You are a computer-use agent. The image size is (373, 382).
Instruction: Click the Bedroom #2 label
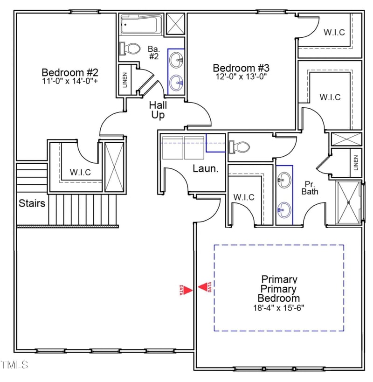pos(70,72)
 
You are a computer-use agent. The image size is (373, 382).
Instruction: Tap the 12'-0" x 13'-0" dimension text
pos(241,76)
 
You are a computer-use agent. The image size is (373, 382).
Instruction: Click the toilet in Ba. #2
pos(130,49)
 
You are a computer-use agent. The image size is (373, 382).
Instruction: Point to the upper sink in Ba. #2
pos(176,60)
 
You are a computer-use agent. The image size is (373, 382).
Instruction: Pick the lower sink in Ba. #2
pos(176,83)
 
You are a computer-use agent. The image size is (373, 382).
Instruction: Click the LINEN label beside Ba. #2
pos(125,80)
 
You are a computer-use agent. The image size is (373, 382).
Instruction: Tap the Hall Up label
pos(158,110)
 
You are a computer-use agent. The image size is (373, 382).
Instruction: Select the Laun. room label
pos(206,168)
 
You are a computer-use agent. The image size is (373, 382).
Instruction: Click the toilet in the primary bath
pos(240,147)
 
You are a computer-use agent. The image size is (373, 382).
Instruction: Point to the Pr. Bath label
pos(310,188)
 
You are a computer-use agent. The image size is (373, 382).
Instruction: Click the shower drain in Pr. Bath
pos(349,202)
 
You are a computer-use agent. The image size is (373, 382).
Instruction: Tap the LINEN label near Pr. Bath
pos(356,163)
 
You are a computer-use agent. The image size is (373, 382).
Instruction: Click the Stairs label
pos(32,203)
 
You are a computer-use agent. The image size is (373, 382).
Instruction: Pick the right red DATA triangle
pos(204,287)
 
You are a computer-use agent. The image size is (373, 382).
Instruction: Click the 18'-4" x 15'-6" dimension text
pos(278,308)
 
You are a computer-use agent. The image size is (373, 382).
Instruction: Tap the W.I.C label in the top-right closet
pos(334,32)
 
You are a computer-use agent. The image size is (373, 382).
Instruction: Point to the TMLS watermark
pos(14,365)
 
